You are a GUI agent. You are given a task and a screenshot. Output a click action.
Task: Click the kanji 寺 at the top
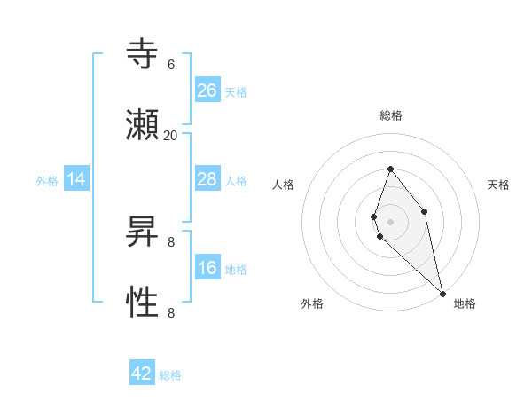(x=142, y=56)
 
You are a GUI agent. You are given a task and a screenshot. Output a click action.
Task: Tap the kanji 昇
(x=142, y=233)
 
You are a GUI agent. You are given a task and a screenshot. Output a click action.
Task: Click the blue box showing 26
(x=207, y=90)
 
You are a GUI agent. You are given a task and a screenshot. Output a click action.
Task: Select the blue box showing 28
(x=207, y=179)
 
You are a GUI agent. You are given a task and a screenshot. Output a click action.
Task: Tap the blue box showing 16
(x=207, y=268)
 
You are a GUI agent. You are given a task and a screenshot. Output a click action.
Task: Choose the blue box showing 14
(x=76, y=180)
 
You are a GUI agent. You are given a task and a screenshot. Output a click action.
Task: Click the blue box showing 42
(x=142, y=374)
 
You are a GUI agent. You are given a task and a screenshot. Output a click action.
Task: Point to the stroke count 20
(x=170, y=135)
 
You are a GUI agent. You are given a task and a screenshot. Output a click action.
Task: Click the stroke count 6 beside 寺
(x=170, y=64)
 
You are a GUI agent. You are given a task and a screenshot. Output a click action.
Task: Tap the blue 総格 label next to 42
(x=170, y=375)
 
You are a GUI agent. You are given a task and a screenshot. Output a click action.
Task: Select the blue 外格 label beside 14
(x=47, y=181)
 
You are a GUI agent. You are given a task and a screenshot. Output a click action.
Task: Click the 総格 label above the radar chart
(x=391, y=115)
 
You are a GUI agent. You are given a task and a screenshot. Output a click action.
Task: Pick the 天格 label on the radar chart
(x=498, y=185)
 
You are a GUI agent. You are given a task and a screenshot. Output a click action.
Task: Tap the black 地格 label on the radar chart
(x=465, y=303)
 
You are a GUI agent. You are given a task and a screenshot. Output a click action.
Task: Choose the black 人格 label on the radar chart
(x=284, y=185)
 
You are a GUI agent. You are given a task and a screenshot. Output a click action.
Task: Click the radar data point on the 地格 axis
(x=442, y=293)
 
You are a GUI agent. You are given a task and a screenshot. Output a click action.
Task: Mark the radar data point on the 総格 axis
(x=390, y=169)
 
